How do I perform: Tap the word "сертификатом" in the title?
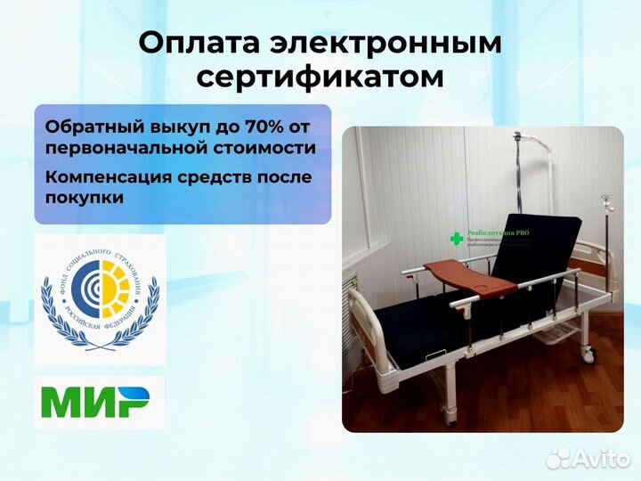click(320, 77)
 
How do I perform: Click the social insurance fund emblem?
click(100, 300)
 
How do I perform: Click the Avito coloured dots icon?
click(560, 457)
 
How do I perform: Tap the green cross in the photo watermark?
click(457, 239)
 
